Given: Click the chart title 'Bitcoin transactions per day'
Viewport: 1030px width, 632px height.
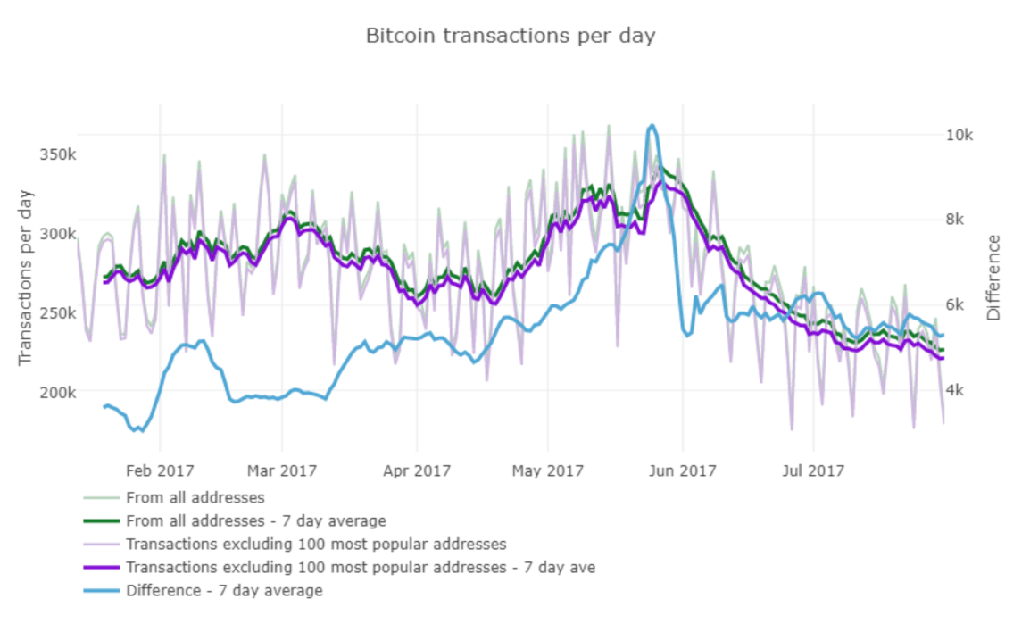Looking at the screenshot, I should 511,36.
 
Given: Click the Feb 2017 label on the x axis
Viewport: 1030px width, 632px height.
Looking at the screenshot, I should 160,470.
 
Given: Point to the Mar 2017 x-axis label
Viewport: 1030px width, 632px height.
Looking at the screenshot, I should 282,470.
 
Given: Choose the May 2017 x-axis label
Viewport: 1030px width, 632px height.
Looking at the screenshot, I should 547,470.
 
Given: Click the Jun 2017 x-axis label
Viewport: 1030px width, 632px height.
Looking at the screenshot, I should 682,470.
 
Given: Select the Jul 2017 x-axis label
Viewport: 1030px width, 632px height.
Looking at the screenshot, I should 813,470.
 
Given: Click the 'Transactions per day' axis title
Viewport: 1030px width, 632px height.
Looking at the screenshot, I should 25,277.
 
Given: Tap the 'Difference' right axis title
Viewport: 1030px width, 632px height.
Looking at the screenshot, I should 994,278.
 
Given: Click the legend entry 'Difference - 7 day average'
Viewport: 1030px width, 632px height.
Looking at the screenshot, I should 224,590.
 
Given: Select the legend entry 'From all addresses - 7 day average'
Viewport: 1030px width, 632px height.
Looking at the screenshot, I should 256,520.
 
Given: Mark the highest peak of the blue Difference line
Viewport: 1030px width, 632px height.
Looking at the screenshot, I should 652,126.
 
